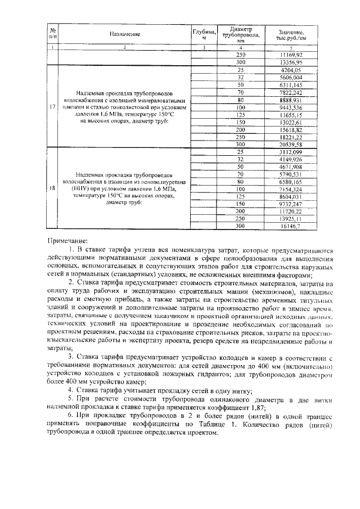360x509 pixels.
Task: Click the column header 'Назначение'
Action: tap(124, 34)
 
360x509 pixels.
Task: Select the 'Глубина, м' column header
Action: tap(204, 34)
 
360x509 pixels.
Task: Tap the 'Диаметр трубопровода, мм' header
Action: tap(241, 34)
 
